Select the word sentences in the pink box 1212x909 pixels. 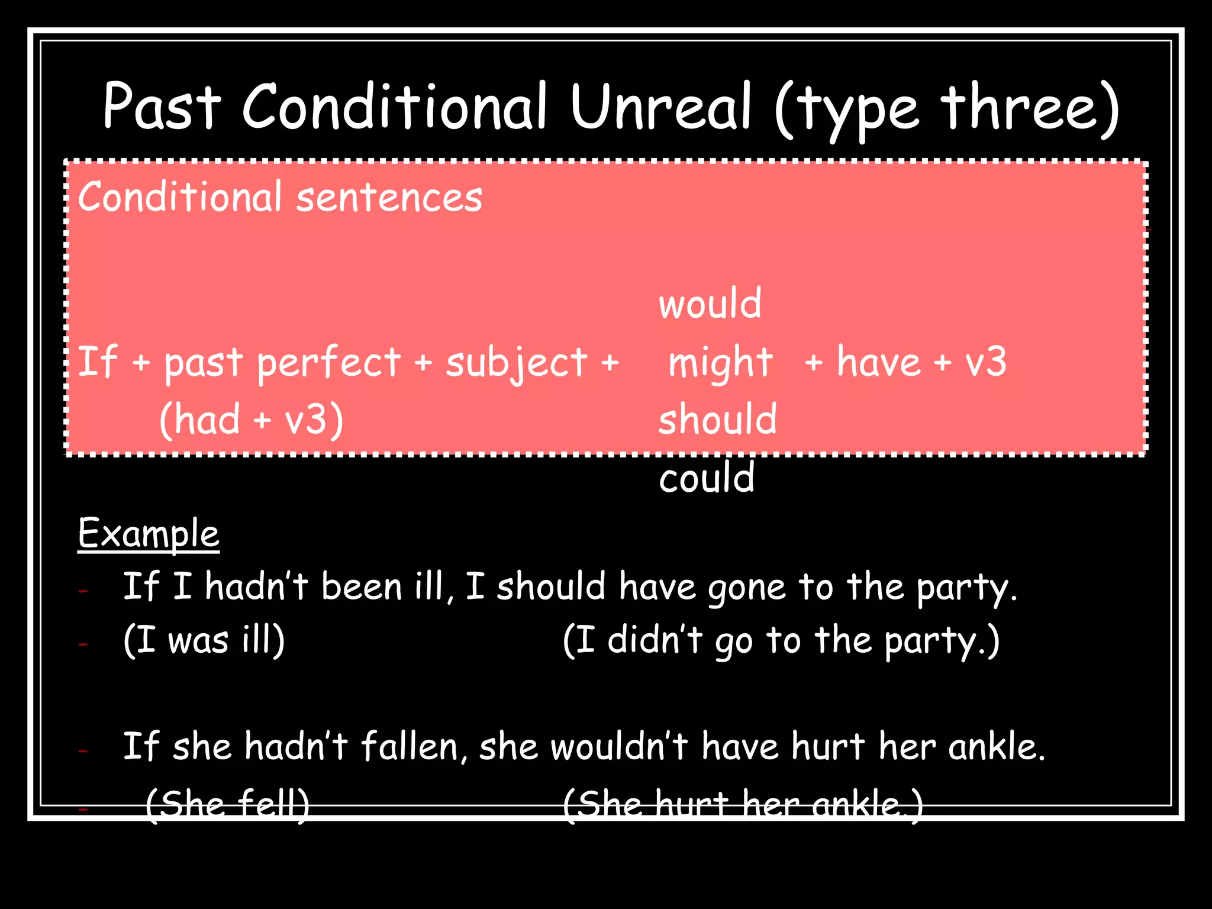coord(389,198)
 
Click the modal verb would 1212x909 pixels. coord(710,304)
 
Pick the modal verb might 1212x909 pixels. coord(720,362)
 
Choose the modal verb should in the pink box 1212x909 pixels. coord(717,419)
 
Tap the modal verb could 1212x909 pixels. coord(707,478)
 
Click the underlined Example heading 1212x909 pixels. coord(149,534)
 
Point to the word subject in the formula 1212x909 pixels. coord(517,362)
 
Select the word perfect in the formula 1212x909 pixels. coord(328,362)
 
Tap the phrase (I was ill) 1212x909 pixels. coord(204,641)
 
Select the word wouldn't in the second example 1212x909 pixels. coord(619,746)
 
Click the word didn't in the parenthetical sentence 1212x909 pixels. coord(655,641)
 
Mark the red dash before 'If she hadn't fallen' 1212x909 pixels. coord(83,751)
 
